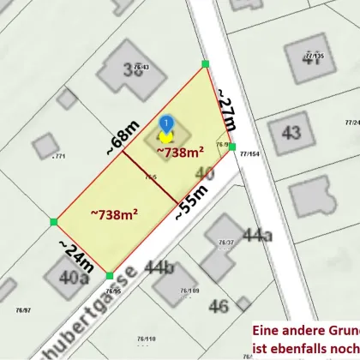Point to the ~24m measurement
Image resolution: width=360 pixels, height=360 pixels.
[x=75, y=255]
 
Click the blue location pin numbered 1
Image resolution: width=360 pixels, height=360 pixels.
[x=166, y=127]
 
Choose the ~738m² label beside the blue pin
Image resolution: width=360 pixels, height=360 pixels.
[x=180, y=152]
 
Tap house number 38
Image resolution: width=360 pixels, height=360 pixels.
[x=133, y=71]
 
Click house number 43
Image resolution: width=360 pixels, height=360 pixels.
[x=291, y=134]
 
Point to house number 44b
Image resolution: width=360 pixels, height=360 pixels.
[x=159, y=268]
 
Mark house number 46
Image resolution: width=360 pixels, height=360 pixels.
[x=219, y=305]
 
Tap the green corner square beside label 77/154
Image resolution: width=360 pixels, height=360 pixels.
[x=232, y=147]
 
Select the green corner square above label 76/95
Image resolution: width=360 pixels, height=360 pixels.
[x=109, y=275]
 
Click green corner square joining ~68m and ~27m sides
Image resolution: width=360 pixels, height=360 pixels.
[x=205, y=63]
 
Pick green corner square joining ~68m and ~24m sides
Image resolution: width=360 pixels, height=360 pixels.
[x=54, y=222]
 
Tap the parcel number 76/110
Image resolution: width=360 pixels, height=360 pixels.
[x=143, y=339]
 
